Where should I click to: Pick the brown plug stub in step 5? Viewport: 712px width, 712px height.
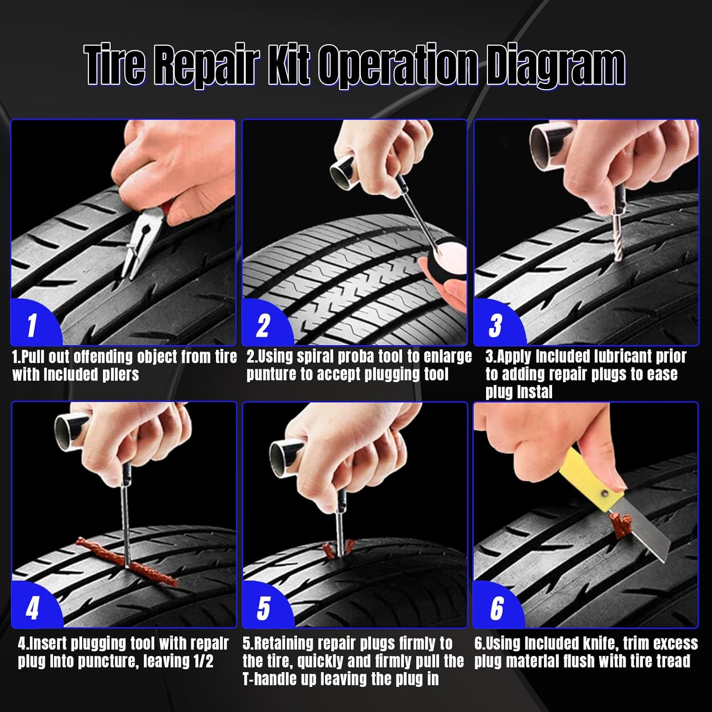pos(338,548)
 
